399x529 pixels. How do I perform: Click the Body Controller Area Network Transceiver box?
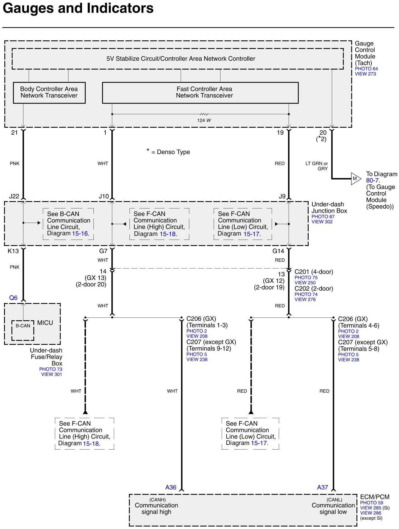click(x=49, y=92)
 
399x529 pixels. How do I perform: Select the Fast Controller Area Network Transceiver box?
click(x=200, y=92)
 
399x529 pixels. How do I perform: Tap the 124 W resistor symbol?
click(x=204, y=114)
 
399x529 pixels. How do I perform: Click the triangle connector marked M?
click(x=355, y=179)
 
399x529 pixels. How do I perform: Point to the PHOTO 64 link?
click(x=366, y=69)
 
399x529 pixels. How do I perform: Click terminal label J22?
click(x=14, y=196)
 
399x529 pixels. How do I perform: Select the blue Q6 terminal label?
click(x=13, y=298)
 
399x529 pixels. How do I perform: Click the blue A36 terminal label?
click(x=171, y=487)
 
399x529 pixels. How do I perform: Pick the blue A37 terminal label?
click(x=323, y=487)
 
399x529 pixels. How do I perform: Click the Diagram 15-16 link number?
click(x=80, y=233)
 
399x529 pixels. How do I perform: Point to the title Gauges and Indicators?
click(x=78, y=8)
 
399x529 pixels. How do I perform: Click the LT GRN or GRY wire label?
click(x=317, y=166)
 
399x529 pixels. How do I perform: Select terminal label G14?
click(x=278, y=251)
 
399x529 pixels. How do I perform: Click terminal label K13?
click(x=13, y=251)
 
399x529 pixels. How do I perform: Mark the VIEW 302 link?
click(x=322, y=222)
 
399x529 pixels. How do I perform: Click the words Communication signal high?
click(x=156, y=508)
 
